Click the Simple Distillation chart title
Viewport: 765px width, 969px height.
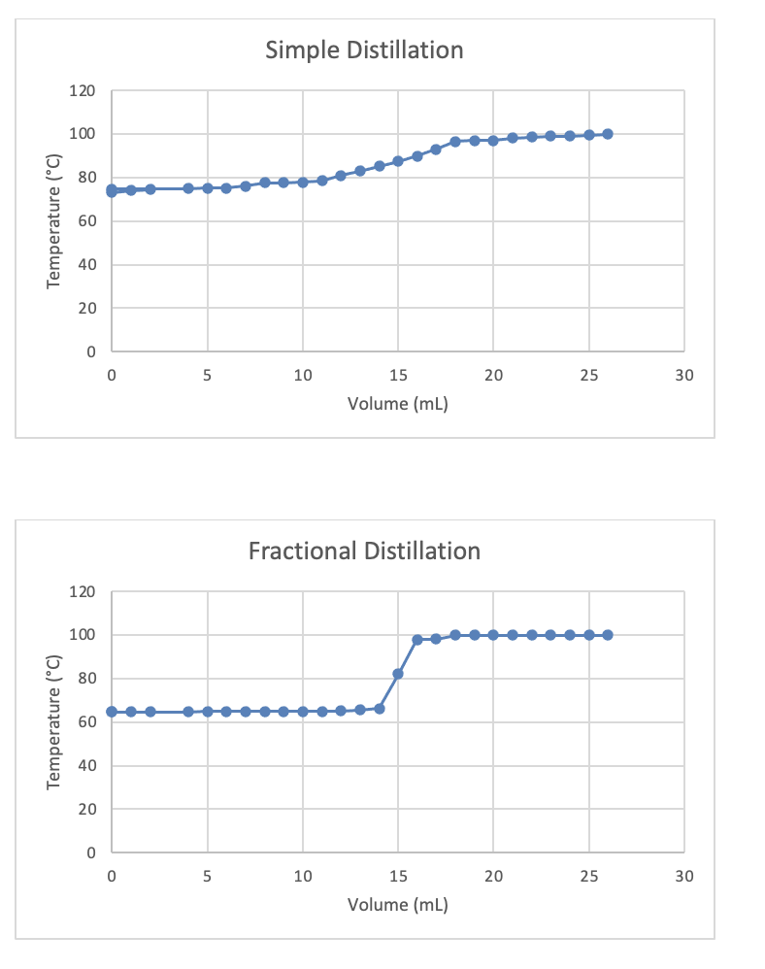pyautogui.click(x=364, y=50)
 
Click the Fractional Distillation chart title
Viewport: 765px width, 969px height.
pyautogui.click(x=364, y=551)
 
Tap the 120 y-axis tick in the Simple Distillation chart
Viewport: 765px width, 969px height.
pyautogui.click(x=83, y=91)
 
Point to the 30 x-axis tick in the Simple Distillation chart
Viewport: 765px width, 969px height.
pyautogui.click(x=683, y=375)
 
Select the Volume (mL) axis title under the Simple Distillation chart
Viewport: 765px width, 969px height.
pyautogui.click(x=397, y=404)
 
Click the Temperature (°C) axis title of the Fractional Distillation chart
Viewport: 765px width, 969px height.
pyautogui.click(x=54, y=721)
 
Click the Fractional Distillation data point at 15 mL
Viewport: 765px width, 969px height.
pyautogui.click(x=398, y=673)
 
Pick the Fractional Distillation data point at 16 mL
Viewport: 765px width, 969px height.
pyautogui.click(x=416, y=640)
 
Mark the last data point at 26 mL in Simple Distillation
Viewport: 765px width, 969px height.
pyautogui.click(x=608, y=134)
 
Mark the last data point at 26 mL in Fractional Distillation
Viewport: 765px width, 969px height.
pyautogui.click(x=608, y=635)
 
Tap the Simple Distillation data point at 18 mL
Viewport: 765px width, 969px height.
pyautogui.click(x=455, y=142)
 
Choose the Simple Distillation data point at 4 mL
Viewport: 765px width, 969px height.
pyautogui.click(x=188, y=188)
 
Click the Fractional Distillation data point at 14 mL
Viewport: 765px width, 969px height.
pyautogui.click(x=379, y=709)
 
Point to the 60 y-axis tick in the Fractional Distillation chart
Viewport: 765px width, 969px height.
pyautogui.click(x=85, y=722)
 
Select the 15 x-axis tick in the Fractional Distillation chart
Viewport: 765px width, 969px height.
pyautogui.click(x=397, y=876)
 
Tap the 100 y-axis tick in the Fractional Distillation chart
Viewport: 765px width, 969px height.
pyautogui.click(x=83, y=635)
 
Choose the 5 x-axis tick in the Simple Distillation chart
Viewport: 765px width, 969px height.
pyautogui.click(x=207, y=375)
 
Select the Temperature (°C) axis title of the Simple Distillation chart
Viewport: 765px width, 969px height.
pyautogui.click(x=54, y=221)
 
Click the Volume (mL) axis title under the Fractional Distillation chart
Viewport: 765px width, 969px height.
pyautogui.click(x=397, y=905)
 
